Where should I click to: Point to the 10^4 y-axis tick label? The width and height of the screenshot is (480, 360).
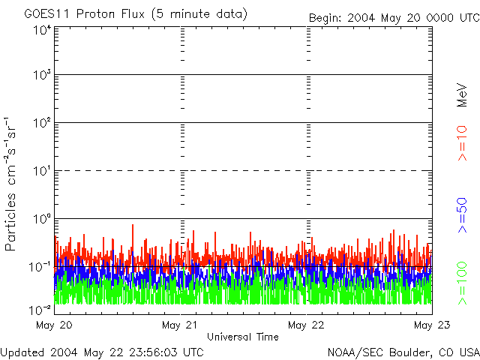click(x=42, y=30)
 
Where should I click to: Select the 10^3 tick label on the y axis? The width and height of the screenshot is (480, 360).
click(x=42, y=74)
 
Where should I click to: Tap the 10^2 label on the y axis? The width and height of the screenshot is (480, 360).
click(x=42, y=123)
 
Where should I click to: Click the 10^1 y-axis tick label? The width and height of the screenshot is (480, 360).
click(x=42, y=171)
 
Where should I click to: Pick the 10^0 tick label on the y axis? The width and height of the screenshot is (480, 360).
click(x=42, y=219)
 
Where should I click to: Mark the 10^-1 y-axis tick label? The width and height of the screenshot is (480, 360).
click(x=40, y=267)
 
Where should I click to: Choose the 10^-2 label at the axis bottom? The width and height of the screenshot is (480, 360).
click(x=40, y=310)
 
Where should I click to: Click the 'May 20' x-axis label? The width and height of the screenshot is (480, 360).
click(x=54, y=325)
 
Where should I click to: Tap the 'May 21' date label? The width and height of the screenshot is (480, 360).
click(x=180, y=325)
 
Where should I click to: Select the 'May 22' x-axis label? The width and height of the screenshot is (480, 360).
click(x=306, y=325)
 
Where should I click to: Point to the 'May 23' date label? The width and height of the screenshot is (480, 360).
click(x=432, y=325)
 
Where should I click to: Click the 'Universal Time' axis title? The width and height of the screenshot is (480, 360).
click(x=243, y=337)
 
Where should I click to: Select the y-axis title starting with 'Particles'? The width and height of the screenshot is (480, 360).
click(x=10, y=184)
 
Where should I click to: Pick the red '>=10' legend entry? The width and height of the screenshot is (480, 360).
click(x=462, y=143)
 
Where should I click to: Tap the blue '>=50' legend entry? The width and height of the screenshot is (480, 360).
click(x=462, y=215)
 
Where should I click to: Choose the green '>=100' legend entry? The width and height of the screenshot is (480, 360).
click(x=462, y=283)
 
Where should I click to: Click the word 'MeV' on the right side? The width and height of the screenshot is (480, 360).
click(x=462, y=95)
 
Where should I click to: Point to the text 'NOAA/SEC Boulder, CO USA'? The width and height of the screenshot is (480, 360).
click(x=403, y=352)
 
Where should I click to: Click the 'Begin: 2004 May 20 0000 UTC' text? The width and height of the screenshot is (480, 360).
click(x=394, y=18)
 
